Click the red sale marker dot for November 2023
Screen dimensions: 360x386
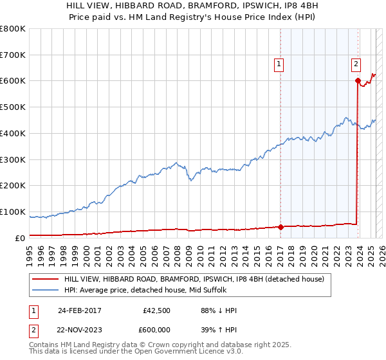pyautogui.click(x=357, y=80)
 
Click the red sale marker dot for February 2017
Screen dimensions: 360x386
pyautogui.click(x=280, y=226)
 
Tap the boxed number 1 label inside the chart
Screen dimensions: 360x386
pyautogui.click(x=279, y=64)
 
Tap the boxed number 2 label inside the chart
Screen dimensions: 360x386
pyautogui.click(x=356, y=64)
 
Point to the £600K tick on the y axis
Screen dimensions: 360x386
pyautogui.click(x=13, y=81)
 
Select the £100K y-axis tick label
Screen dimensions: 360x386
pyautogui.click(x=13, y=212)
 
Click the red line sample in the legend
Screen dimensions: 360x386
pyautogui.click(x=45, y=278)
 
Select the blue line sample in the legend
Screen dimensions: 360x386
pyautogui.click(x=45, y=290)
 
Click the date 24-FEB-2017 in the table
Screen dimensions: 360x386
pyautogui.click(x=79, y=310)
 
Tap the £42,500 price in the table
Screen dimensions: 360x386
pyautogui.click(x=156, y=310)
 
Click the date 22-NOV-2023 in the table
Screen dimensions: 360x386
pyautogui.click(x=79, y=330)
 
